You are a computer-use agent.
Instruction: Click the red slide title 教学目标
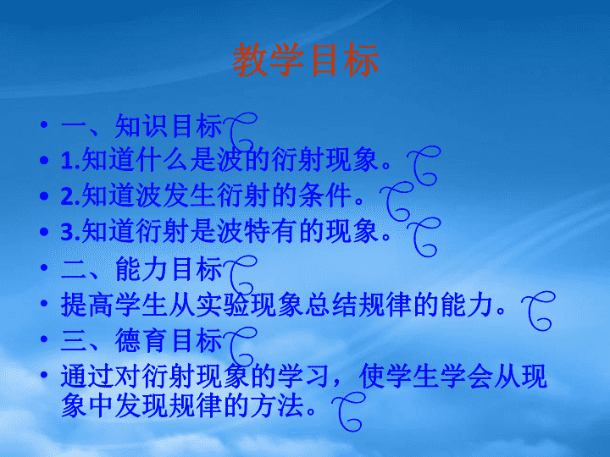[305, 60]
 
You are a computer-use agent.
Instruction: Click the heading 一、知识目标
[141, 126]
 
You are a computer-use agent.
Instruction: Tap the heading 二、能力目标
[141, 269]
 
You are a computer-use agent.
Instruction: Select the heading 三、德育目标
[141, 340]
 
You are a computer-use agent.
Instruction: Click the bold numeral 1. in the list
[70, 160]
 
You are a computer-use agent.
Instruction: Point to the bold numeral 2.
[70, 195]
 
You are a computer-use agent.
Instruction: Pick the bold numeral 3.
[70, 231]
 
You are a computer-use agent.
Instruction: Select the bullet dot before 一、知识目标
[44, 124]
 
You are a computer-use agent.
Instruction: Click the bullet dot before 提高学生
[44, 303]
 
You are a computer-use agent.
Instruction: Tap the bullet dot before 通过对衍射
[44, 375]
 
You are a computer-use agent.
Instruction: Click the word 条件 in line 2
[325, 195]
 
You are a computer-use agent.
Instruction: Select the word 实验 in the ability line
[223, 305]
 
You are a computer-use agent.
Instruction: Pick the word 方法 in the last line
[277, 405]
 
